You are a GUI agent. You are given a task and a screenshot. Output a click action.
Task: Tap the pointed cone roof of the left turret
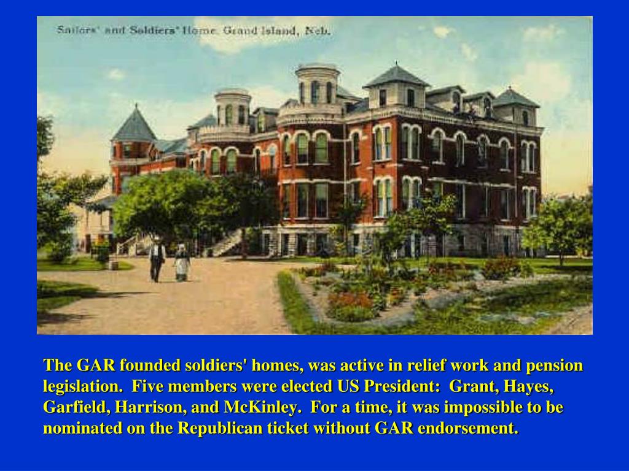point(135,124)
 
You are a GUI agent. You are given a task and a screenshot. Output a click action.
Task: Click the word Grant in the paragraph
point(471,387)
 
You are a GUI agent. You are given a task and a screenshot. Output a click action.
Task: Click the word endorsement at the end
point(468,428)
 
